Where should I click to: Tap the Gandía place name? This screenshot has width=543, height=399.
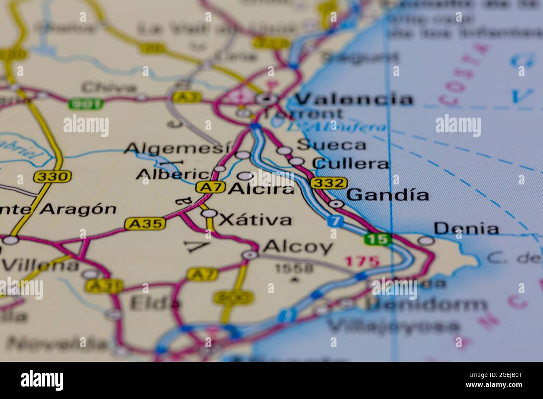point(388,195)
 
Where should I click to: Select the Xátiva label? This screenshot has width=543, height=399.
point(255,220)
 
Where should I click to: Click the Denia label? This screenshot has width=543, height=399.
point(466,228)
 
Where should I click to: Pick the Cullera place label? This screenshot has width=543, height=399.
point(351,164)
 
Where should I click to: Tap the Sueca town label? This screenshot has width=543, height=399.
point(331,145)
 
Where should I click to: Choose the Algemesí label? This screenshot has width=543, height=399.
point(178,148)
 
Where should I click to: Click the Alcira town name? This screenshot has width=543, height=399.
point(261,189)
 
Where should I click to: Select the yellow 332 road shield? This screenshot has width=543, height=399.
point(329,183)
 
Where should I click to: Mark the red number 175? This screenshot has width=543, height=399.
point(362,262)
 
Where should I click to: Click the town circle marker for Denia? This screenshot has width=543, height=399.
point(426,240)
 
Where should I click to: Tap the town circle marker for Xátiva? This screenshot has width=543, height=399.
point(209,214)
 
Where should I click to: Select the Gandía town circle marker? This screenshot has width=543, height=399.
point(336,204)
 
